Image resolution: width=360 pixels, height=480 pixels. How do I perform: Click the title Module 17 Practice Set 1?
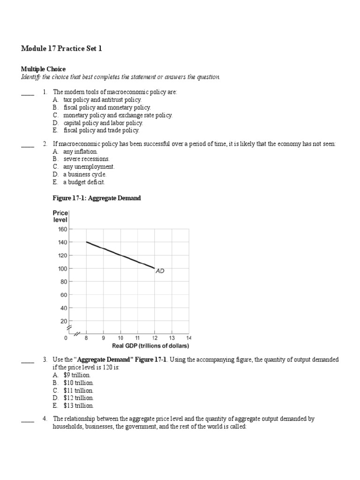[x=61, y=49]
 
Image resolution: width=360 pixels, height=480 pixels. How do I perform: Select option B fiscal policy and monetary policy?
[x=107, y=107]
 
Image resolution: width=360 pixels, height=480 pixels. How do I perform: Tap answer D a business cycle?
[x=82, y=174]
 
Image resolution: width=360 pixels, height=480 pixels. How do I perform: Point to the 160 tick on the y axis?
[x=62, y=229]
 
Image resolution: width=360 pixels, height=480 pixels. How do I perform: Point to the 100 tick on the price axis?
[x=62, y=269]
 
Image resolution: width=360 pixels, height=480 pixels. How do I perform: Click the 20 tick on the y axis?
[x=63, y=321]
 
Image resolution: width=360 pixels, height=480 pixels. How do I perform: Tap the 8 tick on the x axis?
[x=86, y=337]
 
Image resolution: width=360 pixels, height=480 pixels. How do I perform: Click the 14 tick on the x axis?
[x=189, y=337]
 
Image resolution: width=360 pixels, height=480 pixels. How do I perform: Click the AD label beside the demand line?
[x=160, y=271]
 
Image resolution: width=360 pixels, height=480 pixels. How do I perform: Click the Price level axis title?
[x=60, y=216]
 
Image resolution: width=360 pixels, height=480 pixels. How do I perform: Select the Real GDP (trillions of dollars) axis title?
[x=150, y=346]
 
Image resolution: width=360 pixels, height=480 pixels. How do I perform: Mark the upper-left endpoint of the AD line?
[x=86, y=242]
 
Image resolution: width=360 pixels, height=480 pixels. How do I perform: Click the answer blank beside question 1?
[x=28, y=93]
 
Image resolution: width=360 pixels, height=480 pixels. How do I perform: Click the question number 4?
[x=45, y=419]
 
